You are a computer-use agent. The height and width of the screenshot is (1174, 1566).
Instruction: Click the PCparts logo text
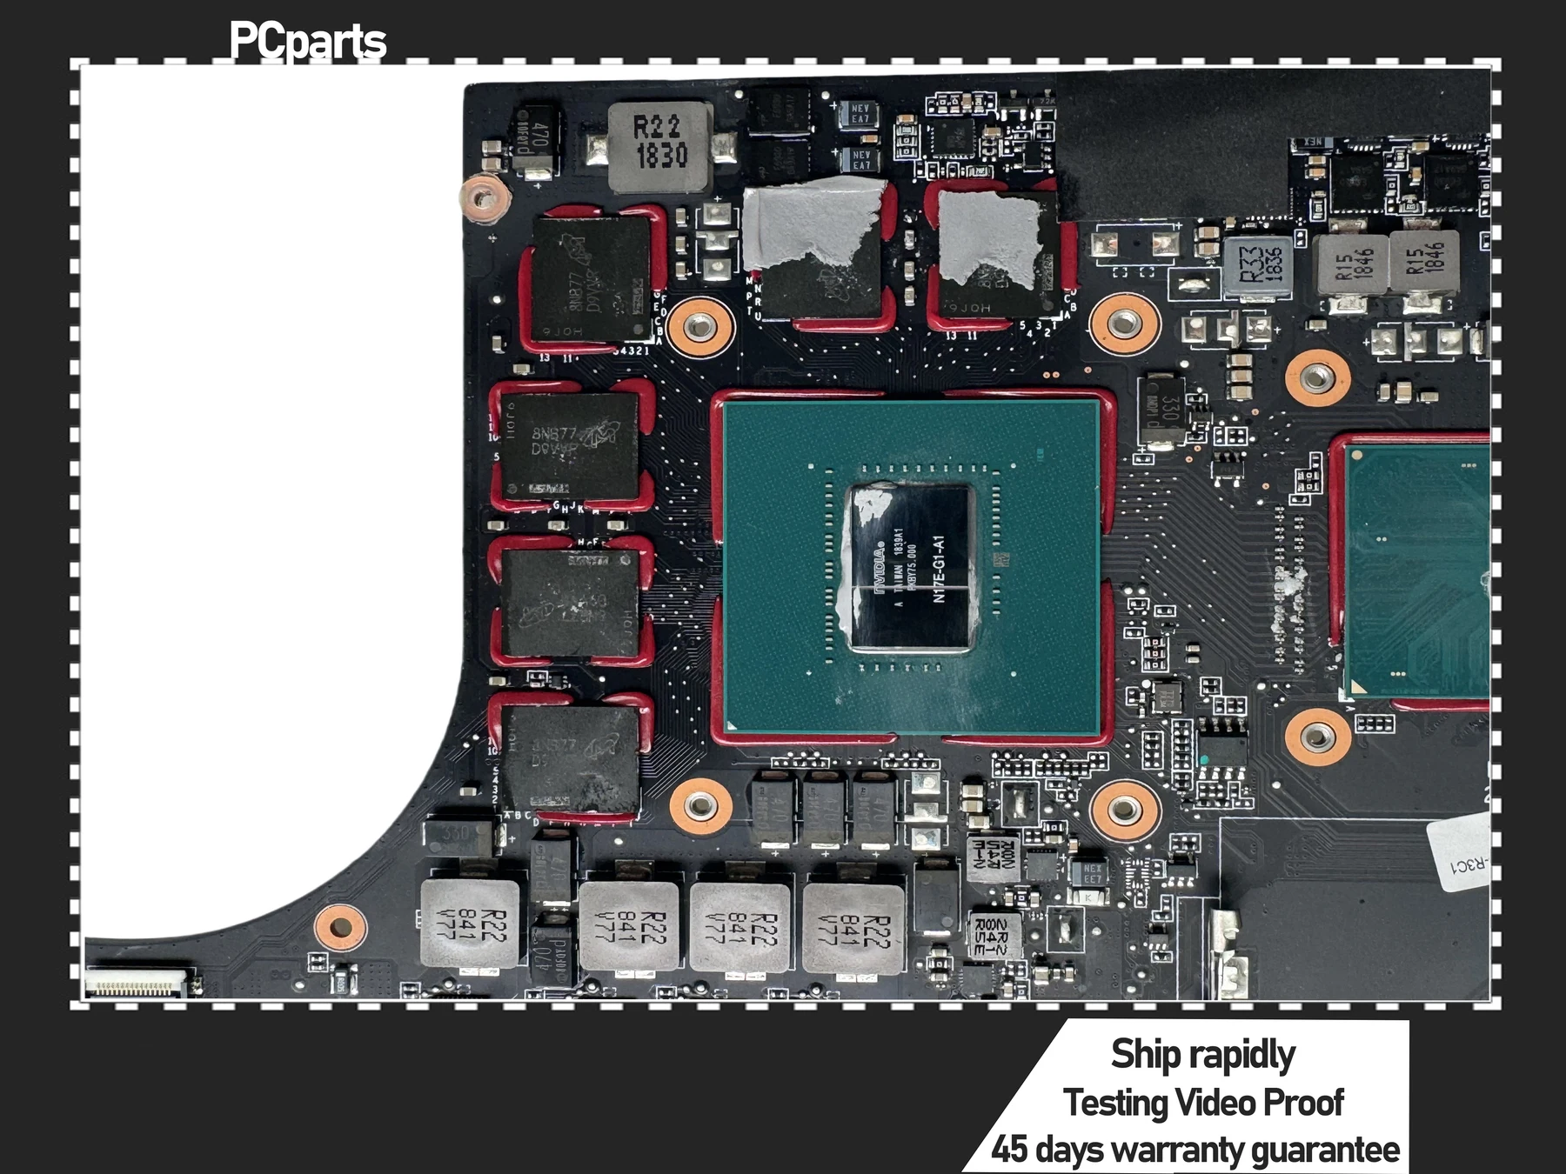click(x=307, y=42)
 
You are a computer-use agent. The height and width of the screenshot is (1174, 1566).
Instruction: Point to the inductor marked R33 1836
click(x=1257, y=264)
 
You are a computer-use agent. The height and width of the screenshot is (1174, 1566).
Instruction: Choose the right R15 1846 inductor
click(x=1423, y=260)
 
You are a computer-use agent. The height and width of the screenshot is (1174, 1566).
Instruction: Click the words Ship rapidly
click(x=1202, y=1054)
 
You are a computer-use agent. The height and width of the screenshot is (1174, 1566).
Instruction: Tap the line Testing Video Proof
click(x=1203, y=1103)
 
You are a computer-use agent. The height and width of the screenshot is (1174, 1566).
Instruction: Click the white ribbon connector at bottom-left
click(x=137, y=985)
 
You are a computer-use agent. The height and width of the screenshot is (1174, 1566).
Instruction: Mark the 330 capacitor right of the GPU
click(x=1162, y=408)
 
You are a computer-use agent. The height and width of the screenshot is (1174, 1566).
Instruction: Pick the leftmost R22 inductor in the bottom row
click(x=470, y=924)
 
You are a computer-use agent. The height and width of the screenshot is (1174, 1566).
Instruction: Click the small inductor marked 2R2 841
click(x=991, y=934)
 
